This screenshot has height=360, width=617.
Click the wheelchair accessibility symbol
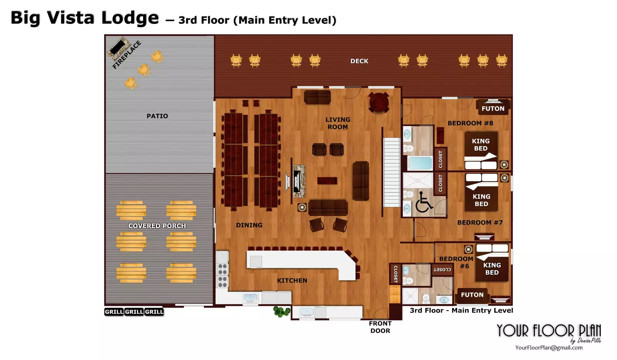pos(423,202)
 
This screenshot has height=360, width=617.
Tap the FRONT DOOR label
pos(380,327)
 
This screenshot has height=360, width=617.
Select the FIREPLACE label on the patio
pos(127,55)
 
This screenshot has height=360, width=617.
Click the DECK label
pos(359,61)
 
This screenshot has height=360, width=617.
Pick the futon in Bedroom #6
pos(472,295)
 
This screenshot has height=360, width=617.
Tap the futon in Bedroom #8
pos(493,107)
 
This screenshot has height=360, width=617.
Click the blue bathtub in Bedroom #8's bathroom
pos(420,163)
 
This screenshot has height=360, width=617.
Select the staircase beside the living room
pos(392,172)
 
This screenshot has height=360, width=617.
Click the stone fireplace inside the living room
pos(298,181)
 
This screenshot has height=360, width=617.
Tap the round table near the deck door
pos(379,102)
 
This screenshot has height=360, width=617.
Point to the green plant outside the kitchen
pos(282,311)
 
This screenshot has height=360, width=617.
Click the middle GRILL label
pos(134,312)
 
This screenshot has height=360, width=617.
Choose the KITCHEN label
pos(292,281)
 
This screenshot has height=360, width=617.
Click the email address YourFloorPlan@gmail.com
pos(549,348)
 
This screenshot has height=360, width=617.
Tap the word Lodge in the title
pos(130,18)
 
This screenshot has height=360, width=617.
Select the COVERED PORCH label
pos(157,226)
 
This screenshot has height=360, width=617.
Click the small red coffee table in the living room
pos(327,181)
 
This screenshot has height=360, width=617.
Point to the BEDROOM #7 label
pos(480,223)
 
